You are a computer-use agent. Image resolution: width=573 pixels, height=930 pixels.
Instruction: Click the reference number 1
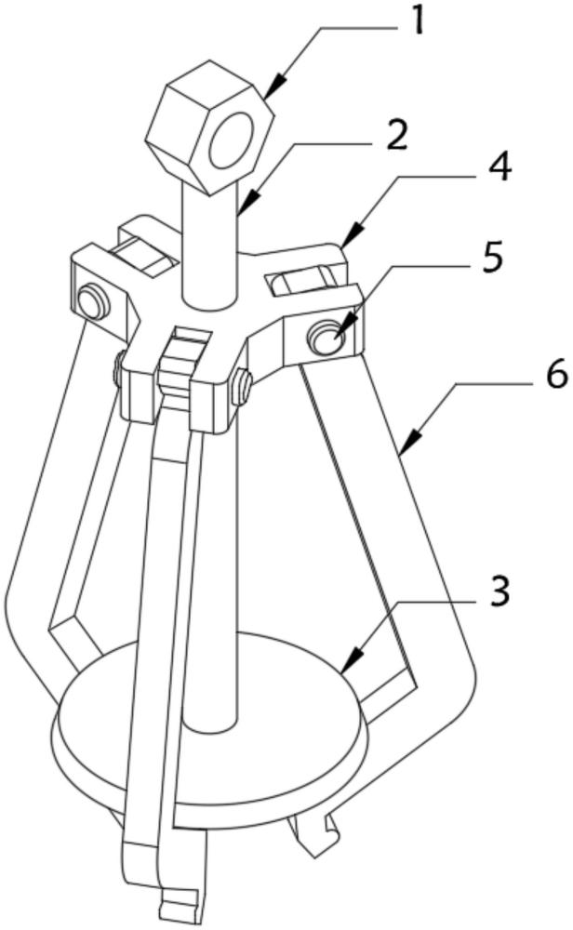[x=419, y=22]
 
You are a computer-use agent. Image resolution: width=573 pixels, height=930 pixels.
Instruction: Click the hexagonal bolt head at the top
[x=209, y=126]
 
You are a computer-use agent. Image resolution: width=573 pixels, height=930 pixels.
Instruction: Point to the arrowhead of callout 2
[x=247, y=205]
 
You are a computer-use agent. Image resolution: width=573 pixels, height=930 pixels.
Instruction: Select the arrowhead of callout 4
[x=351, y=234]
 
